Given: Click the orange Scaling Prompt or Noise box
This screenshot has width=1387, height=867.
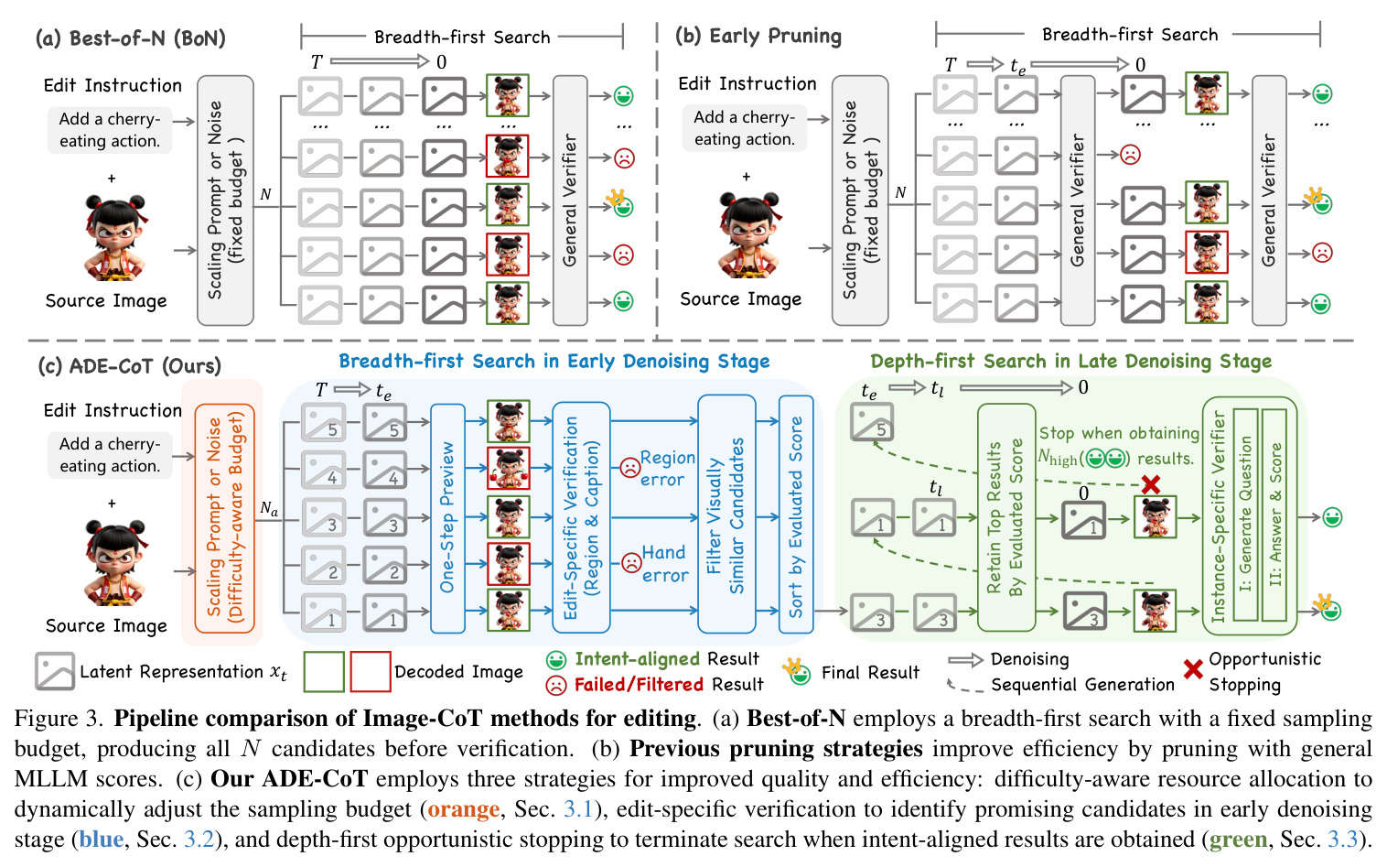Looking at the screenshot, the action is point(225,518).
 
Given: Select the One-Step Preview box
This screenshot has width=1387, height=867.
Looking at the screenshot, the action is point(447,518).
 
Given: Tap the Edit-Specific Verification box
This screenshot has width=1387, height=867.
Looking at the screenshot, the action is point(581,517).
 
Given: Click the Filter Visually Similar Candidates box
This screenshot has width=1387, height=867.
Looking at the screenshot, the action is point(726,514).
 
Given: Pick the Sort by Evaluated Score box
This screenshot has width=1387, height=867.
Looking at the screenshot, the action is point(796,514).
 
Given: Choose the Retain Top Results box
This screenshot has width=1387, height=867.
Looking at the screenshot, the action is point(1006,517).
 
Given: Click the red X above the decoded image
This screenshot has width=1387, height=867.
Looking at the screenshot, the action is point(1150,484).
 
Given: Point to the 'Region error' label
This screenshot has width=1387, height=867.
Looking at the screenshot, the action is point(668,469).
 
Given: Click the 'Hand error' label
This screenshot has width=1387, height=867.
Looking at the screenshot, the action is point(664,563).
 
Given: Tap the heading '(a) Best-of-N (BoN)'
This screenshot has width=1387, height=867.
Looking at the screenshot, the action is point(130,38).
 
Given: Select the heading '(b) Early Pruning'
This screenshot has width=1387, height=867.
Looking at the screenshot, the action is point(758,36).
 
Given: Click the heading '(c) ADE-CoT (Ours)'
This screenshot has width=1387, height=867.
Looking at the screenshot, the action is point(129,365).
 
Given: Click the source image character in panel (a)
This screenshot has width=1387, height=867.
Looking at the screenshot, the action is point(115,237).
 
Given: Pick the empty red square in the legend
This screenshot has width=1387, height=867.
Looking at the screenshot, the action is point(371,671).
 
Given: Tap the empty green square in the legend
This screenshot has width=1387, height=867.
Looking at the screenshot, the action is point(324,671).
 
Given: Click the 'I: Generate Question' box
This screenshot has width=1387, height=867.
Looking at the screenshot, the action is point(1245,514).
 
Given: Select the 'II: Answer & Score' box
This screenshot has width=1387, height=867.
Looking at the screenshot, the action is point(1274,514).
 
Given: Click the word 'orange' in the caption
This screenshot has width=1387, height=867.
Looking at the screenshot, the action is point(463,809).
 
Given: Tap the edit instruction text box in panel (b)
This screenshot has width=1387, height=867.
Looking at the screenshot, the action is point(744,127).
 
